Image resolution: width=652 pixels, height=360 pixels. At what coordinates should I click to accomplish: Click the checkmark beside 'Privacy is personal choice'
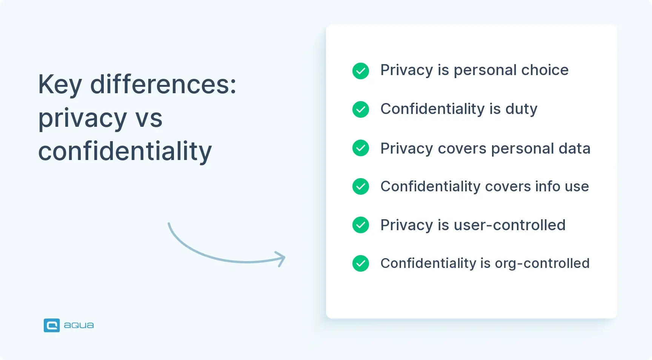pos(361,71)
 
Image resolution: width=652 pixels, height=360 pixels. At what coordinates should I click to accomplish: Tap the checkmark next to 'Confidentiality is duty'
pos(361,109)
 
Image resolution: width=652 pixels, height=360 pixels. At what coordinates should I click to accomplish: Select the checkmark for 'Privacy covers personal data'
pos(361,148)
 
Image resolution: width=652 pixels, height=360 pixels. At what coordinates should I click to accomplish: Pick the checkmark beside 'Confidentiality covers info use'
pos(361,186)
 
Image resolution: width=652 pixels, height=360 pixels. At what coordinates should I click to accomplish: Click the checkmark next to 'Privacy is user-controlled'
pos(361,225)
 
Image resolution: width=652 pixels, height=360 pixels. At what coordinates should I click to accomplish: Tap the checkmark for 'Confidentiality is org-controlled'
pos(361,263)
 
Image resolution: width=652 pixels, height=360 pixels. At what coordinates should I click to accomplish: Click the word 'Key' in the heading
pos(60,85)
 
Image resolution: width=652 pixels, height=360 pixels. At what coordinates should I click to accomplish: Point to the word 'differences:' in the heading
pos(163,85)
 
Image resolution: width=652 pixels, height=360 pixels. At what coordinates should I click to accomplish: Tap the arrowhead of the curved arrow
pos(281,258)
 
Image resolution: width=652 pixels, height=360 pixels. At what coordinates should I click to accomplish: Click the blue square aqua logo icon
pos(52,325)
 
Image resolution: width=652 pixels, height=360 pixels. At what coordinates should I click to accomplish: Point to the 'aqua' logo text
pos(79,325)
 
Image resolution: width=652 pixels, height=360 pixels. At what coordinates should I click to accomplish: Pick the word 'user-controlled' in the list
pos(510,225)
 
